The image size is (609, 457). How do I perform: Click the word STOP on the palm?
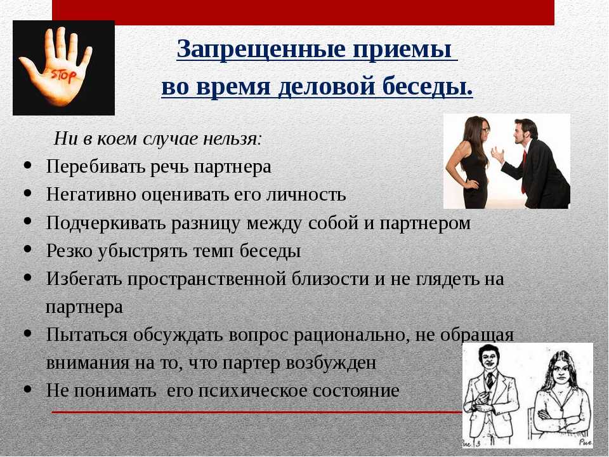tap(63, 74)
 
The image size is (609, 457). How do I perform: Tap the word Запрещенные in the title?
tap(261, 50)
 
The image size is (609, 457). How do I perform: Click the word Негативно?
tap(91, 194)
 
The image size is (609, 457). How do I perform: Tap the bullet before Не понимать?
tap(27, 388)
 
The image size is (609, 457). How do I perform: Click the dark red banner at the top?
tap(303, 13)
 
